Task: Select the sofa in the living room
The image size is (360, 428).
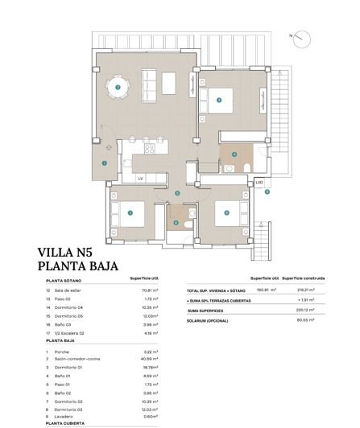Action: pyautogui.click(x=150, y=80)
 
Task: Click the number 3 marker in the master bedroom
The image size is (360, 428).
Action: pyautogui.click(x=219, y=101)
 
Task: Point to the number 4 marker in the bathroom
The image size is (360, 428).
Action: pyautogui.click(x=234, y=154)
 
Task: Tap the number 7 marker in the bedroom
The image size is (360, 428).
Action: pyautogui.click(x=130, y=213)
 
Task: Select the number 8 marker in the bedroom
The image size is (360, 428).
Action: pyautogui.click(x=228, y=213)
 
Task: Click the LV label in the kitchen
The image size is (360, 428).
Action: pyautogui.click(x=139, y=178)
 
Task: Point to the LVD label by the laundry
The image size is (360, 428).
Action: pyautogui.click(x=259, y=183)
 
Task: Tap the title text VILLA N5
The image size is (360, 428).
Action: pyautogui.click(x=68, y=251)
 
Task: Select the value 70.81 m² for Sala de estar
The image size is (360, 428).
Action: pyautogui.click(x=147, y=290)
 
